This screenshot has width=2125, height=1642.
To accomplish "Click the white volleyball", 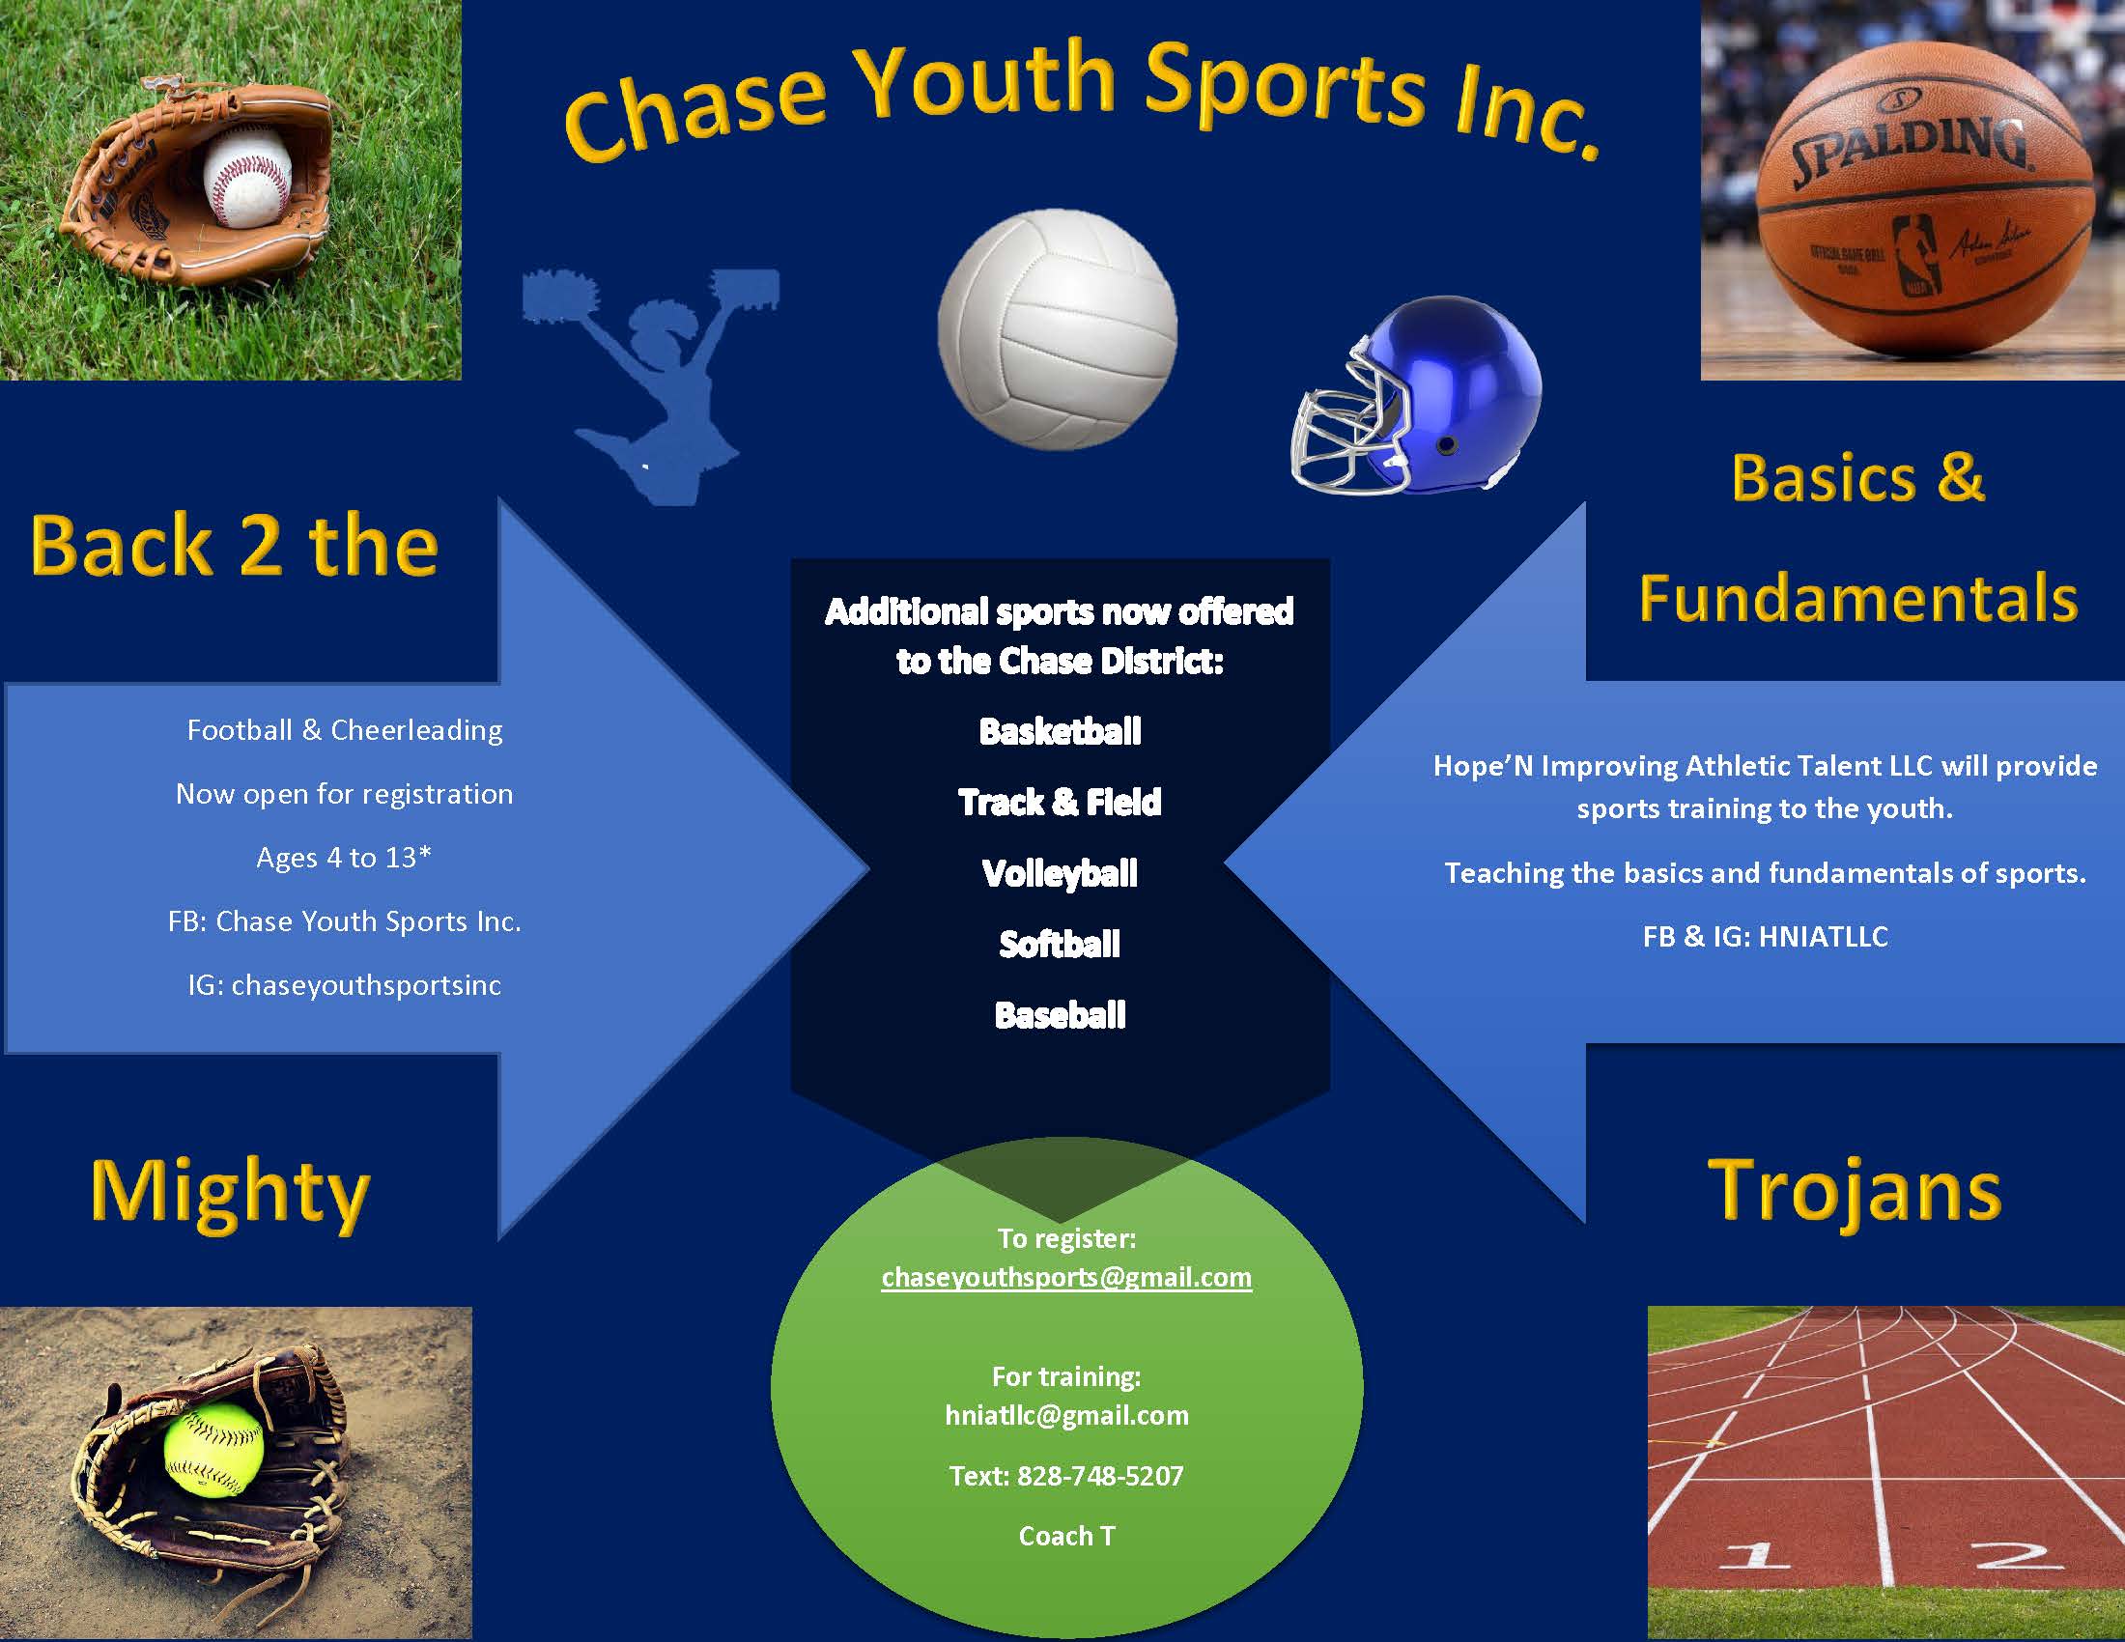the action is coord(1058,329).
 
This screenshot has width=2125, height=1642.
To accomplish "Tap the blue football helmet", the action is coord(1417,395).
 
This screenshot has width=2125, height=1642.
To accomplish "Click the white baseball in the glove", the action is coord(247,180).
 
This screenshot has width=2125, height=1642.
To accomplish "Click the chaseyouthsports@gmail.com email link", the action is coord(1066,1277).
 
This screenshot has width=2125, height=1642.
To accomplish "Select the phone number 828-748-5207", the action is coord(1100,1476).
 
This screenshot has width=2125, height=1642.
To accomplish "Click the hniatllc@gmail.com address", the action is coord(1066,1415).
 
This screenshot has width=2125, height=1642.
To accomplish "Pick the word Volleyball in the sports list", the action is coord(1060,873).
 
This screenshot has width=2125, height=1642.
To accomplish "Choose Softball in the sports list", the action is coord(1060,944).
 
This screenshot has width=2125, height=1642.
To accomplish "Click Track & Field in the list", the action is coord(1060,803).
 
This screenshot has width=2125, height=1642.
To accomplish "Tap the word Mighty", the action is coord(230,1195).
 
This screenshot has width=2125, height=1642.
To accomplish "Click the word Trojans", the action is coord(1855,1192).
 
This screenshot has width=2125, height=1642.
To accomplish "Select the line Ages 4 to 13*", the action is coord(344,857).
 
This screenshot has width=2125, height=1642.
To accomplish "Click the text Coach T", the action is coord(1066,1536).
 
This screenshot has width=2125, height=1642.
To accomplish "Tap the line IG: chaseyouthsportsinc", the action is coord(345,985).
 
